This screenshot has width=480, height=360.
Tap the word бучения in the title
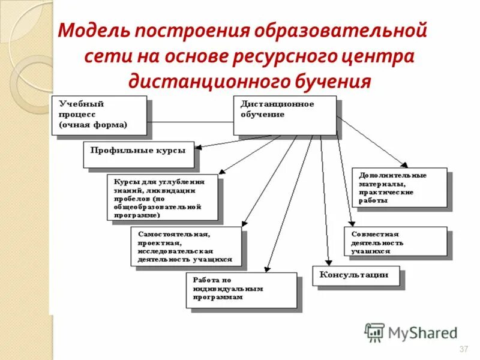pos(334,80)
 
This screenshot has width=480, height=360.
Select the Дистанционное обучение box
pos(284,115)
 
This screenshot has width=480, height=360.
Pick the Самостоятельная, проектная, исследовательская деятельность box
pos(185,246)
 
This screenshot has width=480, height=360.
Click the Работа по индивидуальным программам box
pos(241,290)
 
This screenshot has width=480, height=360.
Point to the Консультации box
pos(355,275)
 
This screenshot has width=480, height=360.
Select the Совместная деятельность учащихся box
pos(395,242)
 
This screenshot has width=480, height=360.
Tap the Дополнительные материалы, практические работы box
pos(400,188)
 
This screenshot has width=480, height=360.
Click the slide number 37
pos(463,349)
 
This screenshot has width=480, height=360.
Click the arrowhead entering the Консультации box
pos(329,263)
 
